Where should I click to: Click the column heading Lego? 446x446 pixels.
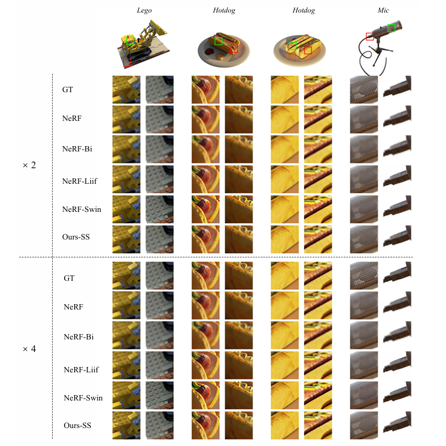pyautogui.click(x=144, y=11)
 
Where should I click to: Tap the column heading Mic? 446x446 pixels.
pyautogui.click(x=383, y=10)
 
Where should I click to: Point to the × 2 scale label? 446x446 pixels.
pyautogui.click(x=29, y=165)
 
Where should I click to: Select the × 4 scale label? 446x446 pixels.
pyautogui.click(x=29, y=349)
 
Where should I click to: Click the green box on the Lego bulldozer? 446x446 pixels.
pyautogui.click(x=131, y=41)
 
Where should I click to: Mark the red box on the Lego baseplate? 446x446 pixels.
pyautogui.click(x=127, y=63)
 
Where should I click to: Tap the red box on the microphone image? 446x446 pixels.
pyautogui.click(x=369, y=37)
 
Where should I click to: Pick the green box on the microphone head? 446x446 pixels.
pyautogui.click(x=391, y=28)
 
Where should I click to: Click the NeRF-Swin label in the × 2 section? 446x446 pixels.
pyautogui.click(x=81, y=210)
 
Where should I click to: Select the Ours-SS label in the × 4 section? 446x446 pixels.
pyautogui.click(x=77, y=426)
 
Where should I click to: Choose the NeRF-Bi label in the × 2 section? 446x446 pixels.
pyautogui.click(x=77, y=148)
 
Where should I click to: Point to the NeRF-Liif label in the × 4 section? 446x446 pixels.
pyautogui.click(x=81, y=370)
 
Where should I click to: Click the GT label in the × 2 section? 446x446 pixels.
pyautogui.click(x=68, y=90)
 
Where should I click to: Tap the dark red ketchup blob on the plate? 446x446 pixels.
pyautogui.click(x=210, y=51)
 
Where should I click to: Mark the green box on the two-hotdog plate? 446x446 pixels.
pyautogui.click(x=292, y=45)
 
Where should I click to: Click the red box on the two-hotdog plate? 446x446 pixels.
pyautogui.click(x=308, y=50)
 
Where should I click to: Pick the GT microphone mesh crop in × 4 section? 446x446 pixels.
pyautogui.click(x=364, y=275)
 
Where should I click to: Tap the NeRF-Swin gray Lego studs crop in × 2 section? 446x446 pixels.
pyautogui.click(x=160, y=209)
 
